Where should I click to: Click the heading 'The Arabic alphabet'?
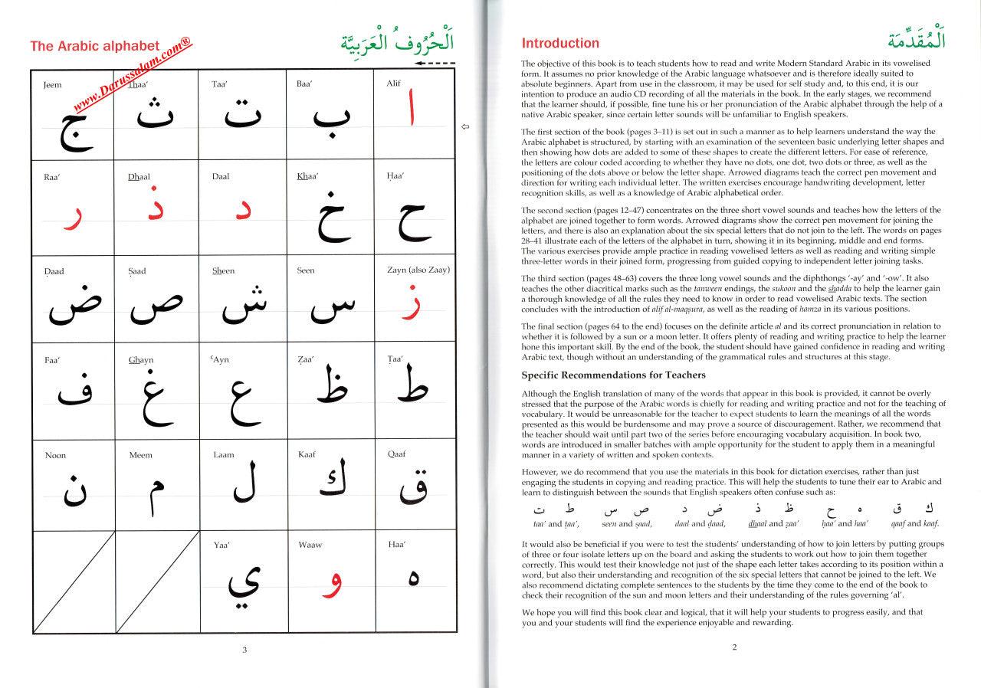94,46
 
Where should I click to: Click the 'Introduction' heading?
560,43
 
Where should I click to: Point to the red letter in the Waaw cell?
329,585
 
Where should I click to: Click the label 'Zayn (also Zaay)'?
418,270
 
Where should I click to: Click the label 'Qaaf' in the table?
397,454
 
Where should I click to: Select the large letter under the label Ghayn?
153,398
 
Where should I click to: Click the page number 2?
733,647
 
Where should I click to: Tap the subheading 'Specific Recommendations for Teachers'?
613,375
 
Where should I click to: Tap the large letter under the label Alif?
412,111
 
